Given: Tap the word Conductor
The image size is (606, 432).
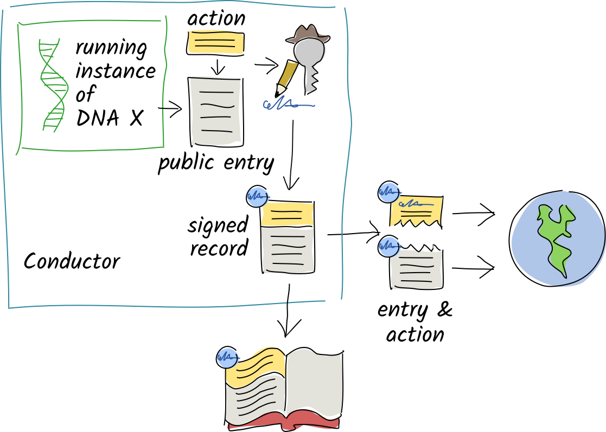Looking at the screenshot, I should pyautogui.click(x=72, y=262).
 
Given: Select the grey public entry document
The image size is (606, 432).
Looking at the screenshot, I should pyautogui.click(x=215, y=111).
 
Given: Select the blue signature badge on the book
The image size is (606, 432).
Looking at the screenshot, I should pyautogui.click(x=227, y=357).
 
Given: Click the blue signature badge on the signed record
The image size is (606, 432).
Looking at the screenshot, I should pyautogui.click(x=256, y=196).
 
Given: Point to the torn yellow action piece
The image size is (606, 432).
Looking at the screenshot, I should pyautogui.click(x=416, y=211).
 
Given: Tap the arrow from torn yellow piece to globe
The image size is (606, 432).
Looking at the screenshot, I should pyautogui.click(x=473, y=213).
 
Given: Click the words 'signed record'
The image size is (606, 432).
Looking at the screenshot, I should pyautogui.click(x=218, y=236).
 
